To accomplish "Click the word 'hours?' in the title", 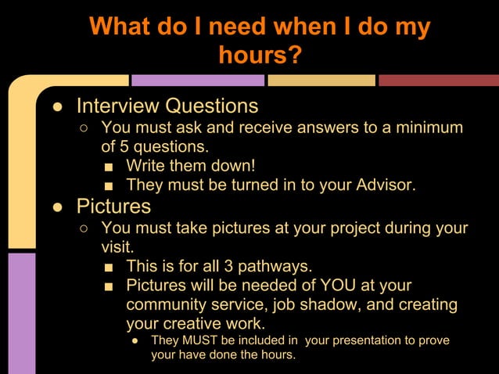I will pyautogui.click(x=260, y=55).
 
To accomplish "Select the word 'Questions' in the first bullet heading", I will pyautogui.click(x=213, y=106).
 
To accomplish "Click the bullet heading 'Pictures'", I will pyautogui.click(x=113, y=207).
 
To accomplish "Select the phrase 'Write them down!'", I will pyautogui.click(x=190, y=166).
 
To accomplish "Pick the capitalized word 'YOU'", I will pyautogui.click(x=336, y=286).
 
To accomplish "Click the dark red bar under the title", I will pyautogui.click(x=438, y=80).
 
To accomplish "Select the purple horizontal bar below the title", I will pyautogui.click(x=197, y=80).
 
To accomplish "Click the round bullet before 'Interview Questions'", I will pyautogui.click(x=58, y=106).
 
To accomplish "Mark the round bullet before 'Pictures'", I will pyautogui.click(x=58, y=207).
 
